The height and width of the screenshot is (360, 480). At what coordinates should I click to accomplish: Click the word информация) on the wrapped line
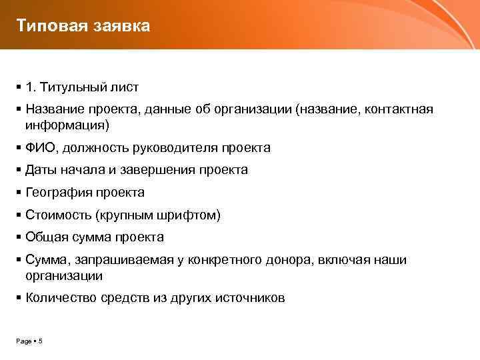click(67, 125)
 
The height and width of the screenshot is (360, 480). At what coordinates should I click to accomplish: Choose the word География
click(56, 193)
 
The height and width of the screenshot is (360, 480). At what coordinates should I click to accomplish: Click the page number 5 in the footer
click(41, 341)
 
